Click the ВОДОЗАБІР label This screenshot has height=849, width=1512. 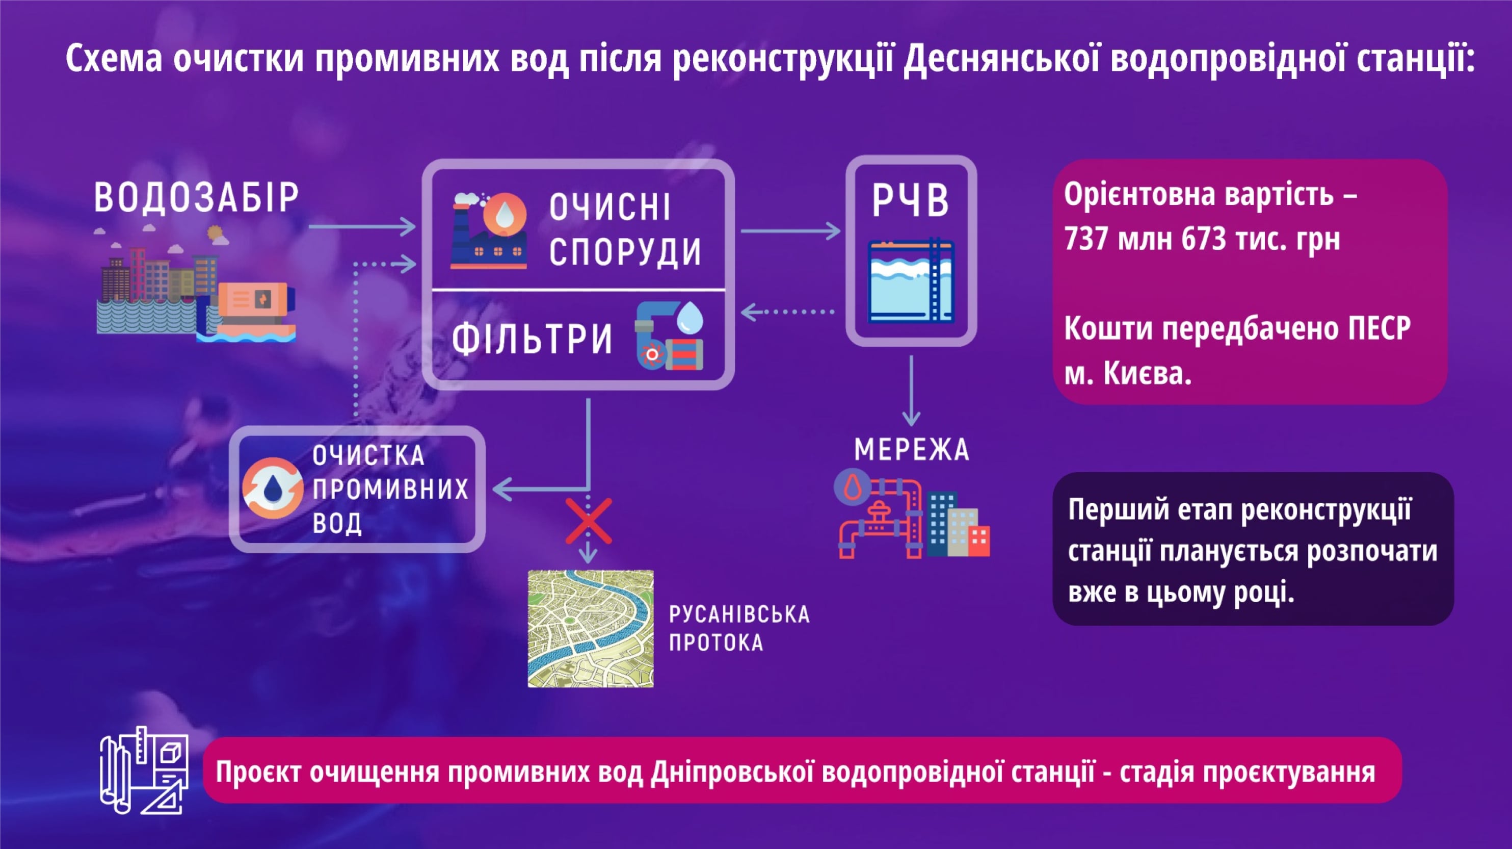(197, 197)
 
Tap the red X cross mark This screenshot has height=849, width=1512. (589, 521)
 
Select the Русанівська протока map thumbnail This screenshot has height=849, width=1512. (591, 628)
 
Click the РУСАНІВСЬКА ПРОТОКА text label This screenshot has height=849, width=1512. (739, 628)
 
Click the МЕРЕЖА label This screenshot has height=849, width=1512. (912, 450)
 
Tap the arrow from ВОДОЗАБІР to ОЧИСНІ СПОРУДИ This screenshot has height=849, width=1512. (362, 226)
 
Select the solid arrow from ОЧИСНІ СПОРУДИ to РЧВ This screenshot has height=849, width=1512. (790, 231)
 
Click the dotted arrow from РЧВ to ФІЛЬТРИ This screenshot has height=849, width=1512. (788, 312)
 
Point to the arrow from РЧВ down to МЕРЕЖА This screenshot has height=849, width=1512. (911, 391)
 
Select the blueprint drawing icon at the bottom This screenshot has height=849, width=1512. (144, 770)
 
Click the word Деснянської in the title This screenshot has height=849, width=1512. (1001, 59)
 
